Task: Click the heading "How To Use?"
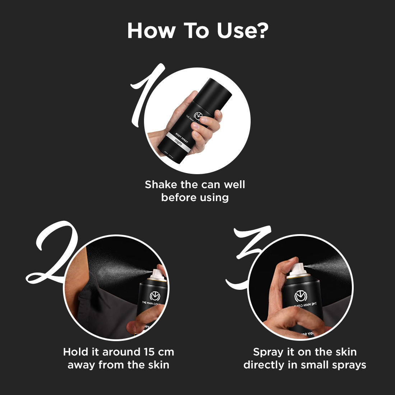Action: click(x=197, y=31)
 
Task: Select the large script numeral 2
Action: click(x=54, y=255)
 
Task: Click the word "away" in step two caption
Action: click(x=82, y=365)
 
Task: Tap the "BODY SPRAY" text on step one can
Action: click(x=182, y=134)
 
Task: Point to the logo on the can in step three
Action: click(x=302, y=296)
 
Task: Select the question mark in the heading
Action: click(x=262, y=31)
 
